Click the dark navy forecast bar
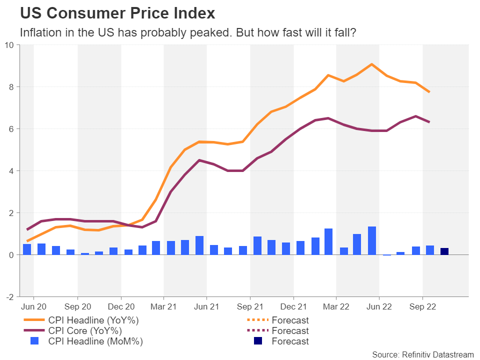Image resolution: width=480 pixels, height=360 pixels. tap(444, 251)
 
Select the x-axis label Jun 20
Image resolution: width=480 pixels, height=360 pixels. tap(34, 306)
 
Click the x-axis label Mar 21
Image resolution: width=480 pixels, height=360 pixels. tap(163, 306)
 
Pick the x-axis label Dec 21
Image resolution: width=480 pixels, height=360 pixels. tap(293, 306)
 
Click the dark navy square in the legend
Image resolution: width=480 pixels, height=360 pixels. tap(257, 341)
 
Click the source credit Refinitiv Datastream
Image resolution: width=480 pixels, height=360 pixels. tap(422, 354)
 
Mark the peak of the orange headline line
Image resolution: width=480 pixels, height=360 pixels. tap(371, 64)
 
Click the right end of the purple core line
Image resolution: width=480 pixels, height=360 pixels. tap(429, 122)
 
